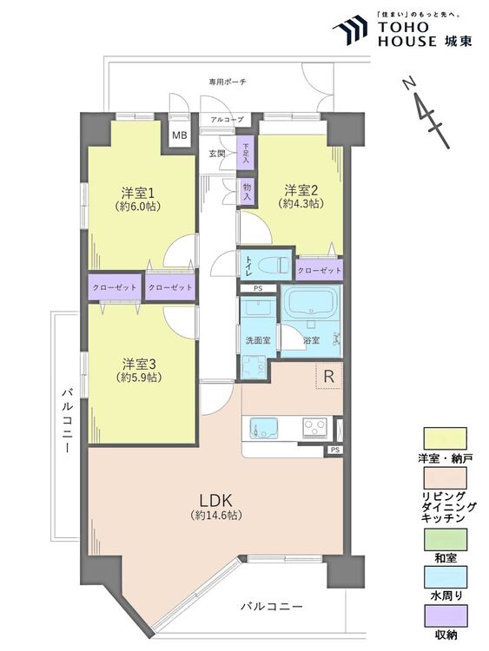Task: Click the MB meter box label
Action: point(180,135)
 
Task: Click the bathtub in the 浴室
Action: point(311,303)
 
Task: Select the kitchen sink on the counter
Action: point(263,427)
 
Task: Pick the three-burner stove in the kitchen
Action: point(315,427)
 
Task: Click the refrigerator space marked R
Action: point(329,376)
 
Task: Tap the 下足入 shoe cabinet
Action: point(246,153)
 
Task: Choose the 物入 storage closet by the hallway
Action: point(247,192)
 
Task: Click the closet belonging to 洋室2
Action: point(320,270)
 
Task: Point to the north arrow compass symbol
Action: point(426,113)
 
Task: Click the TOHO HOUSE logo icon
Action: point(349,30)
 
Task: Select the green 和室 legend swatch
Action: point(445,539)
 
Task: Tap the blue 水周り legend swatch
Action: point(445,576)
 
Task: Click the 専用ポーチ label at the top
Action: point(228,82)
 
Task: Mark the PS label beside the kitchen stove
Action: point(335,450)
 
